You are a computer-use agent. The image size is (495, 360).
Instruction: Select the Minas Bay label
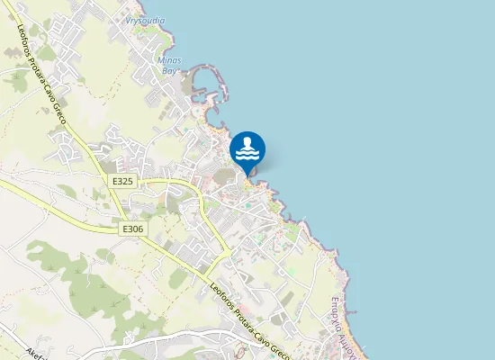169,64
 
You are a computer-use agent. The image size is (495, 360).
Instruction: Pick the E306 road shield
132,229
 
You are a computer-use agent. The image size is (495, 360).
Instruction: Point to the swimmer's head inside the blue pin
247,143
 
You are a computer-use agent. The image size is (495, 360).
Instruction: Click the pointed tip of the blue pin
247,175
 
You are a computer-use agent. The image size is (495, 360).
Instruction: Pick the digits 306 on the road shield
136,229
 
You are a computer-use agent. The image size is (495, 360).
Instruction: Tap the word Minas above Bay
169,59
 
